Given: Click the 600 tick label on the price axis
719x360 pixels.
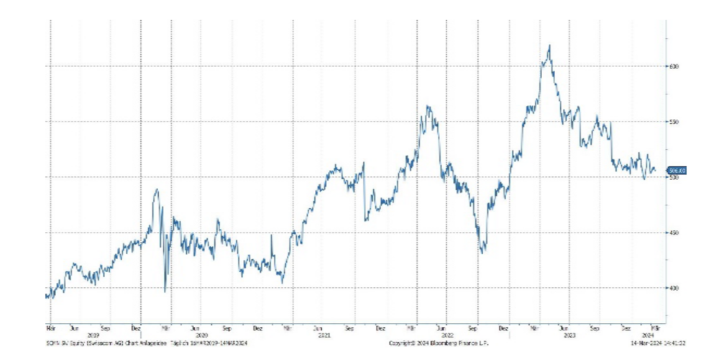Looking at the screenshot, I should pos(674,66).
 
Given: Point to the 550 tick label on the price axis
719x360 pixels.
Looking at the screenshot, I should pos(674,122).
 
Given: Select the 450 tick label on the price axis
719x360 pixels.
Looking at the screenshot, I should pos(674,233).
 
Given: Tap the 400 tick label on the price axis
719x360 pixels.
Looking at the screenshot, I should pos(674,288).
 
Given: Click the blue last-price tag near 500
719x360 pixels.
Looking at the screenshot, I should pos(677,171).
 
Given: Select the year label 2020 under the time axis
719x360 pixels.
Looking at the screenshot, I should pos(202,335).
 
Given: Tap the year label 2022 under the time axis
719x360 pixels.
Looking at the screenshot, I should pos(447,335).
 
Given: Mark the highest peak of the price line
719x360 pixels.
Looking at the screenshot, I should pos(549,45).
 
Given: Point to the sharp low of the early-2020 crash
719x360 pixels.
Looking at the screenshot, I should pos(165,292).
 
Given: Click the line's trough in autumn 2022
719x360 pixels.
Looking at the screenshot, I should pos(482,253).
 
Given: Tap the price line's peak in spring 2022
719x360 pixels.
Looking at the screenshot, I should pos(428,107).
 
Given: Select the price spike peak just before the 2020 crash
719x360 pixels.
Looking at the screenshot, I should pos(157,189).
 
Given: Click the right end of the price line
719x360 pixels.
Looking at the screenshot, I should pos(655,171).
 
